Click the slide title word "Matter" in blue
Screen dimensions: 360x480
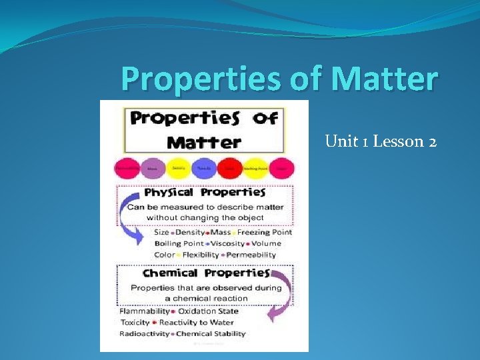pos(384,79)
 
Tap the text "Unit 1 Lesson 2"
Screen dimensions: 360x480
pos(381,141)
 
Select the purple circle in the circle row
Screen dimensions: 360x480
pos(153,169)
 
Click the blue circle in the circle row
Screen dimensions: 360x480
pos(204,169)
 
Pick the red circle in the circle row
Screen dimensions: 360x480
pos(229,169)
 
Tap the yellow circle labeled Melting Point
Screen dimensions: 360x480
pos(255,169)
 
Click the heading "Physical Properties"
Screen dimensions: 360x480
pos(205,193)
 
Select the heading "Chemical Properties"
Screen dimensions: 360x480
pos(206,273)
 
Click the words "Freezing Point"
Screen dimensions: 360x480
pos(264,233)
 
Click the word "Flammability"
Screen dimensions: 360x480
pos(144,311)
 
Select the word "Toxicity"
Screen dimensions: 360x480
pos(135,322)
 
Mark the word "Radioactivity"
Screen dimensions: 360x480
pos(145,333)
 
